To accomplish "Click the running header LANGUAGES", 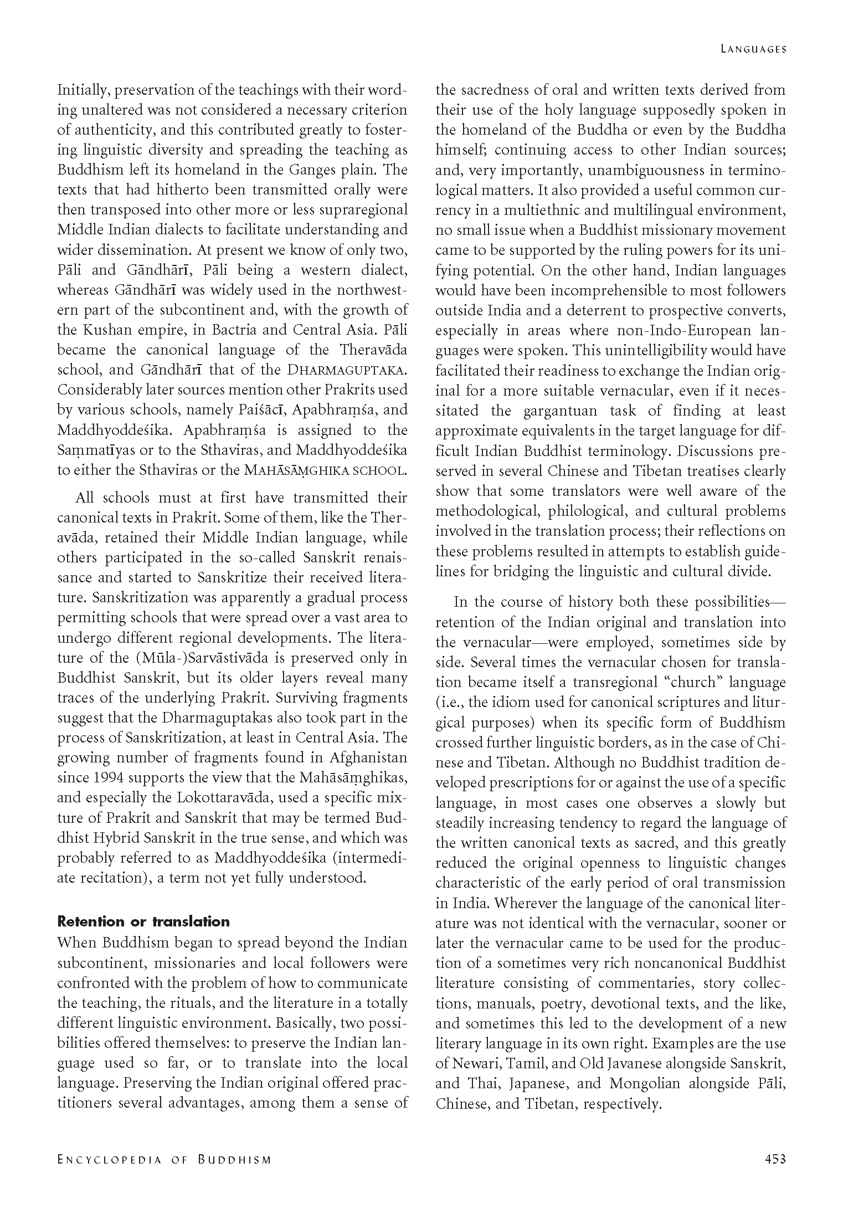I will point(753,49).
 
